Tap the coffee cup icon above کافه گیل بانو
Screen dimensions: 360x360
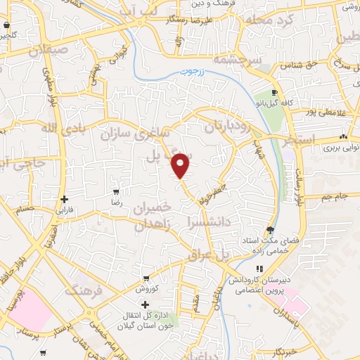275,93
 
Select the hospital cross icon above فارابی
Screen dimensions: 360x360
65,199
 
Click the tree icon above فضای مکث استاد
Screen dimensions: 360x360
270,230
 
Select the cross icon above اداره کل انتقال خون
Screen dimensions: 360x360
145,305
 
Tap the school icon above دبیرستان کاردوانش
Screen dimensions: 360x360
259,269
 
